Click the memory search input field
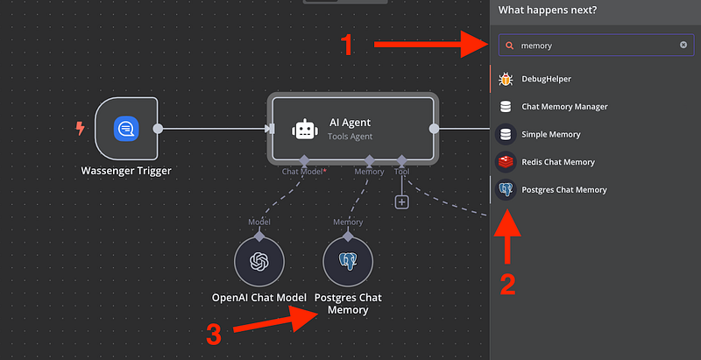click(596, 46)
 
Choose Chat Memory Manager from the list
click(563, 107)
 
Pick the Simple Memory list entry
click(550, 134)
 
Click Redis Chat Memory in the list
click(557, 162)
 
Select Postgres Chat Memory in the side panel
click(563, 189)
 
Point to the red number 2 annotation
click(506, 283)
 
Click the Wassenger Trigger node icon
click(126, 129)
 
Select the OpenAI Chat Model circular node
click(259, 261)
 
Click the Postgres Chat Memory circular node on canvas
click(348, 261)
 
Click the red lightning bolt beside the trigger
click(81, 129)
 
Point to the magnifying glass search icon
click(509, 46)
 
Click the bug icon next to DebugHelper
click(506, 79)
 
